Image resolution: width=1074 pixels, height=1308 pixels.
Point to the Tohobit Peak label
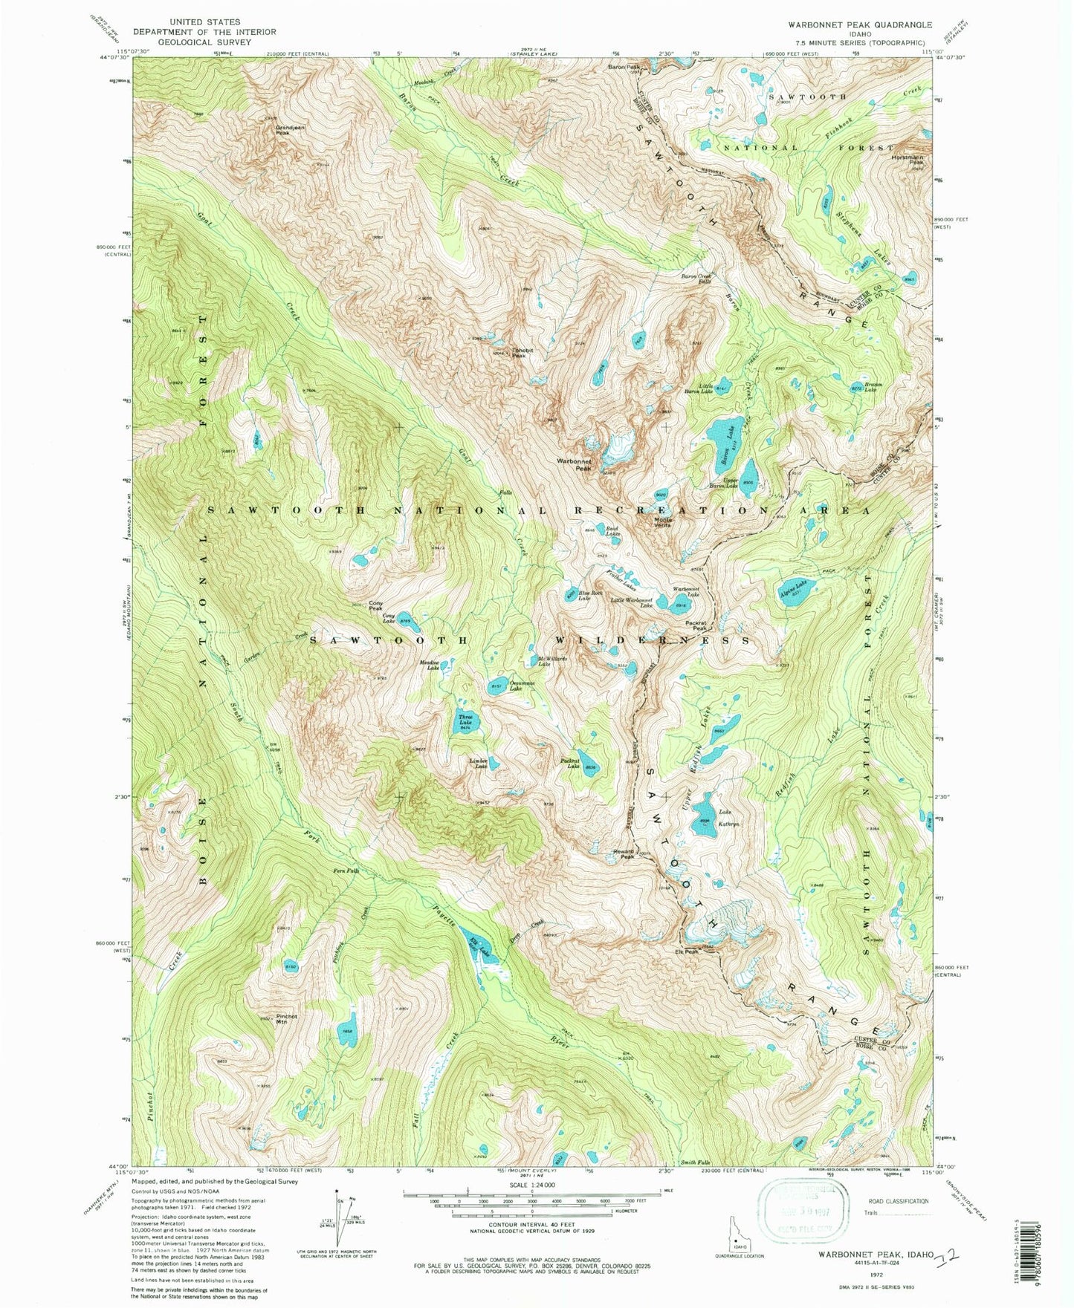[x=523, y=354]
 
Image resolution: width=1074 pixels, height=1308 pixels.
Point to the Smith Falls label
[x=696, y=1162]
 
